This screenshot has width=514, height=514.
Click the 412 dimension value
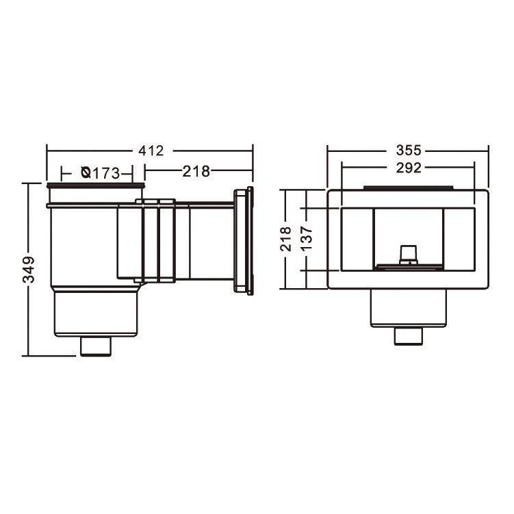click(x=151, y=151)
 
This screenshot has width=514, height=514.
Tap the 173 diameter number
click(x=105, y=173)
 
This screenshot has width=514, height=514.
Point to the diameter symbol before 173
click(x=86, y=172)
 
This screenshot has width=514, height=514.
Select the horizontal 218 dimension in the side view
click(x=196, y=171)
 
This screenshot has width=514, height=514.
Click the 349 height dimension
click(x=29, y=270)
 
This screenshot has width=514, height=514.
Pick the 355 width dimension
click(x=409, y=151)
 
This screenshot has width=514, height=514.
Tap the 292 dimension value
click(x=409, y=168)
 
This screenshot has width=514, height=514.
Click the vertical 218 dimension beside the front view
click(x=285, y=239)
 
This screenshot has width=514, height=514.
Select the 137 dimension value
click(x=307, y=239)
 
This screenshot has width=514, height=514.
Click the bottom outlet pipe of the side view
click(x=96, y=346)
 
